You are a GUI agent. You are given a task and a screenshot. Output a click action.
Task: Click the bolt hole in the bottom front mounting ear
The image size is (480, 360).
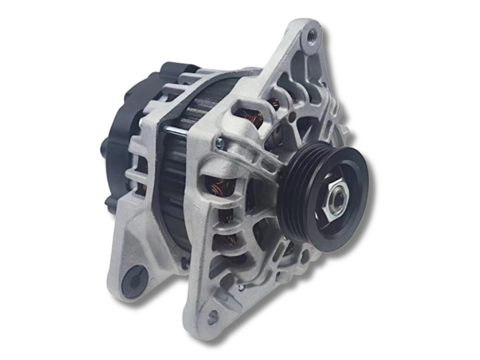[x=213, y=316]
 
